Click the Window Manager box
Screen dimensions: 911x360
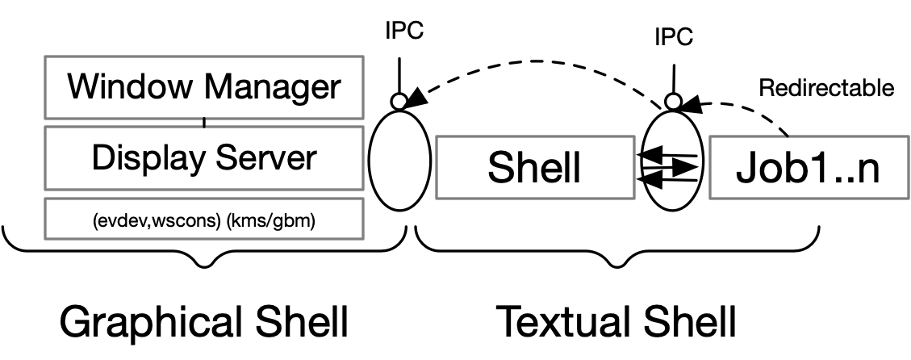[x=204, y=87]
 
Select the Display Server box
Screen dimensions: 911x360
[x=204, y=158]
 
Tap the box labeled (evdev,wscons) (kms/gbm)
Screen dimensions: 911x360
[x=204, y=219]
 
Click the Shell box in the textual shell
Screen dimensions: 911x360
[x=535, y=168]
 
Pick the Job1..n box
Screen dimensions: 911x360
[x=809, y=168]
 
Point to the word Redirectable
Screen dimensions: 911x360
[x=826, y=88]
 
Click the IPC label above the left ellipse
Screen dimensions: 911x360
[x=404, y=31]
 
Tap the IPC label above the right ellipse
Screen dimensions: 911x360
[x=674, y=37]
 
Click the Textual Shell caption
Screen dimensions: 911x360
[x=616, y=322]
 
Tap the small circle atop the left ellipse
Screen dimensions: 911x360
[x=399, y=102]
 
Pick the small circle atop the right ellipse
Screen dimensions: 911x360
[x=673, y=102]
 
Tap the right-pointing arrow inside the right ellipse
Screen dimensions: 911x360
[x=670, y=168]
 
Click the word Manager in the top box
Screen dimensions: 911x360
[x=273, y=88]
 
